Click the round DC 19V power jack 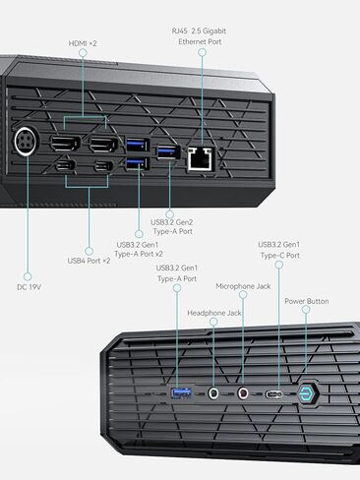point(27,144)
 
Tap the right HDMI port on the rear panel point(103,144)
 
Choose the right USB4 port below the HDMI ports point(103,167)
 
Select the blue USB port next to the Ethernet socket point(167,153)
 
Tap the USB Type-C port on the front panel point(274,392)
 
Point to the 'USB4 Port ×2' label point(89,261)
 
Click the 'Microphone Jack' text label point(243,285)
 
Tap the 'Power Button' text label point(307,301)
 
